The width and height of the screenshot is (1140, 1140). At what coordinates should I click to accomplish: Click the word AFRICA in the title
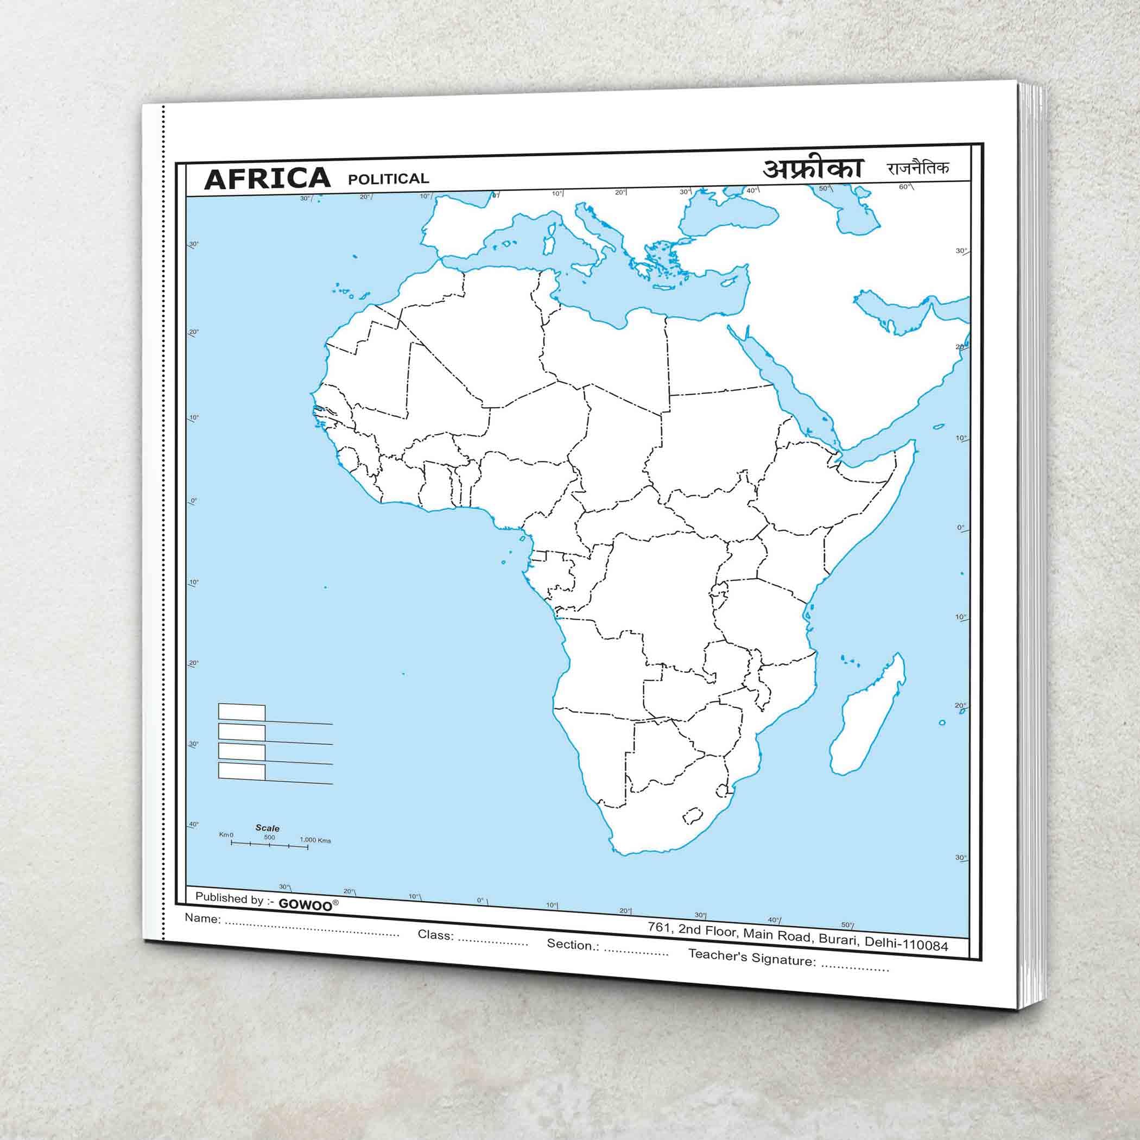[x=267, y=178]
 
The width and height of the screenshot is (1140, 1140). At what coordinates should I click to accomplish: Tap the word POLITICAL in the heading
[x=388, y=179]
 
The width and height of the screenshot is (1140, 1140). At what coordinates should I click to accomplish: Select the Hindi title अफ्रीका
[x=813, y=169]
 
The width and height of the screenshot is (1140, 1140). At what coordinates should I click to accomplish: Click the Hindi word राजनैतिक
[x=917, y=168]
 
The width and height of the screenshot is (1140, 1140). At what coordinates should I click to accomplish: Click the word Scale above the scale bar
[x=267, y=828]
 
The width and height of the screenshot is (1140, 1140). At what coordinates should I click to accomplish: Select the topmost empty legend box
[x=242, y=712]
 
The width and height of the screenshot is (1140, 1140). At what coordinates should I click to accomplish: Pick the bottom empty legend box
[x=242, y=771]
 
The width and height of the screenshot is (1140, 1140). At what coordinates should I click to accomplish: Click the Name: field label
[x=203, y=918]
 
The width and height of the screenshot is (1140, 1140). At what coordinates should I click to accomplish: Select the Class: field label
[x=435, y=935]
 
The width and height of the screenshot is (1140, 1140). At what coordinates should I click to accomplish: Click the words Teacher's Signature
[x=752, y=957]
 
